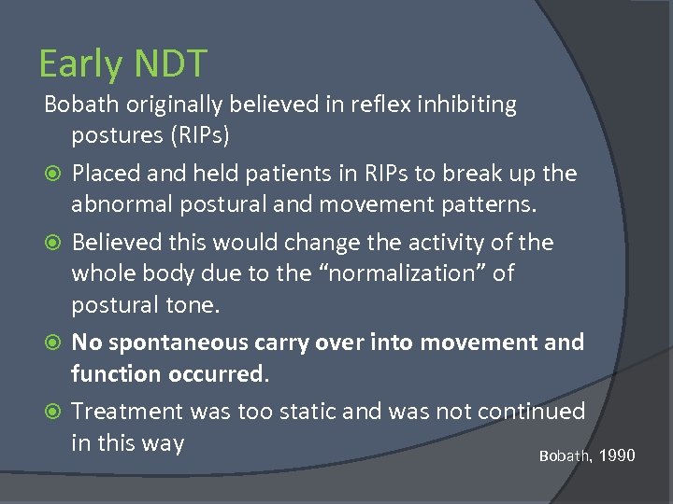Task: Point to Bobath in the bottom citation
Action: [565, 456]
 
